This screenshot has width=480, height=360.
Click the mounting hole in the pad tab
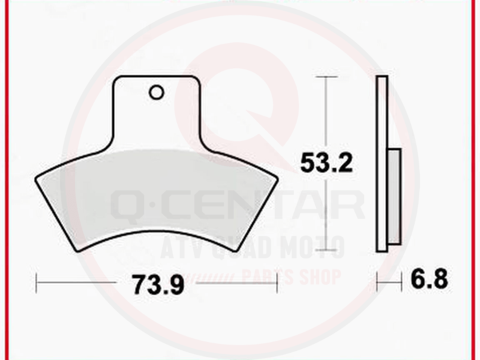coord(156,92)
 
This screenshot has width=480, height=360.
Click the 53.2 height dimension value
coord(326,163)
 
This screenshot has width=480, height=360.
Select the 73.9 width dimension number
coord(158,284)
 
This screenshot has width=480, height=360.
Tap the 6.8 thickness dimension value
coord(429,279)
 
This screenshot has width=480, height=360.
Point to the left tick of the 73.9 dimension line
coord(37,283)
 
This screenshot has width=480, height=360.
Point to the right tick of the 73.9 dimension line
coord(277,283)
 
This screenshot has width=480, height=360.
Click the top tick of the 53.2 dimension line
coord(327,77)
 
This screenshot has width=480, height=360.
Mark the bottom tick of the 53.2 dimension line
coord(327,250)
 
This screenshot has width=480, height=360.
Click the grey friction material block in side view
coord(394,197)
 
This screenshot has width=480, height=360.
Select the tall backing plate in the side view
coord(382,164)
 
